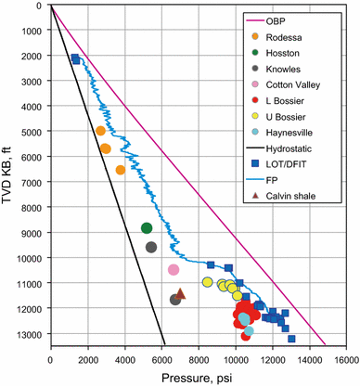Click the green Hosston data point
point(147,228)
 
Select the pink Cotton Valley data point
point(173,270)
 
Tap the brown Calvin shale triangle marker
point(181,293)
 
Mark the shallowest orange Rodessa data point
point(100,131)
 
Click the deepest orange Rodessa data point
point(120,170)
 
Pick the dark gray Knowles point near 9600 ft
point(151,247)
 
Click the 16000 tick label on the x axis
point(346,357)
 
